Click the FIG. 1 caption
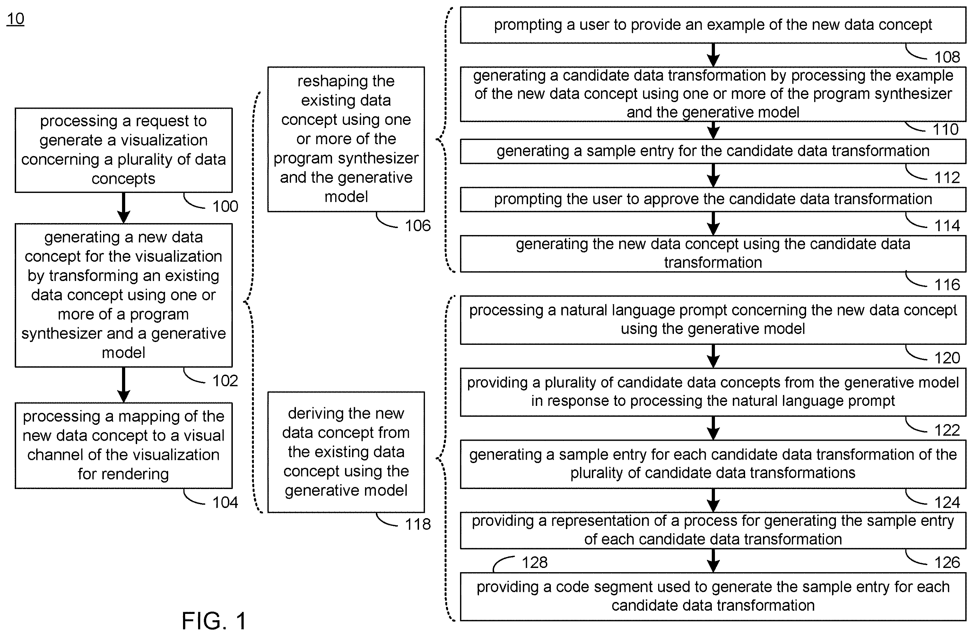[x=214, y=621]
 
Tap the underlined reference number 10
[x=15, y=19]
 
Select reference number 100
[x=225, y=206]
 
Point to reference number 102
[x=225, y=381]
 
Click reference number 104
[x=225, y=502]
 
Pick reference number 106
[x=417, y=225]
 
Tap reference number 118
[x=417, y=524]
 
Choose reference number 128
[x=534, y=562]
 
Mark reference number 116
[x=947, y=284]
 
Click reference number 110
[x=945, y=129]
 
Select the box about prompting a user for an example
[x=713, y=25]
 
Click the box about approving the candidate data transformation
[x=713, y=200]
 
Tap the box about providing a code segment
[x=713, y=596]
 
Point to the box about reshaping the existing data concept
[x=346, y=139]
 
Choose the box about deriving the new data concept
[x=346, y=452]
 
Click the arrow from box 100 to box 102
[x=123, y=208]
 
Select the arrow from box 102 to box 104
[x=123, y=385]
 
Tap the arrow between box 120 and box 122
[x=713, y=356]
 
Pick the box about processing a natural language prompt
[x=713, y=320]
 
